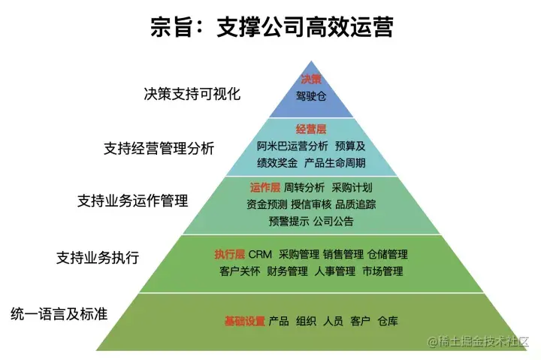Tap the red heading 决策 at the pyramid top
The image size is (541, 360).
click(311, 80)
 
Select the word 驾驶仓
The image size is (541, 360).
click(311, 96)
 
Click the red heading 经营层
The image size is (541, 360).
click(310, 129)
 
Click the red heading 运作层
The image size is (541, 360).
click(264, 187)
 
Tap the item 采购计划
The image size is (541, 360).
click(352, 187)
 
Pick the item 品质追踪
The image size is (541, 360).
click(355, 204)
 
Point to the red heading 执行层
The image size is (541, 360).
click(229, 254)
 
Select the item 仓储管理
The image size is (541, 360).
click(388, 254)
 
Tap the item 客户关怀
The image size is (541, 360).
click(240, 271)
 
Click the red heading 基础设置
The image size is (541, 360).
click(244, 321)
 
